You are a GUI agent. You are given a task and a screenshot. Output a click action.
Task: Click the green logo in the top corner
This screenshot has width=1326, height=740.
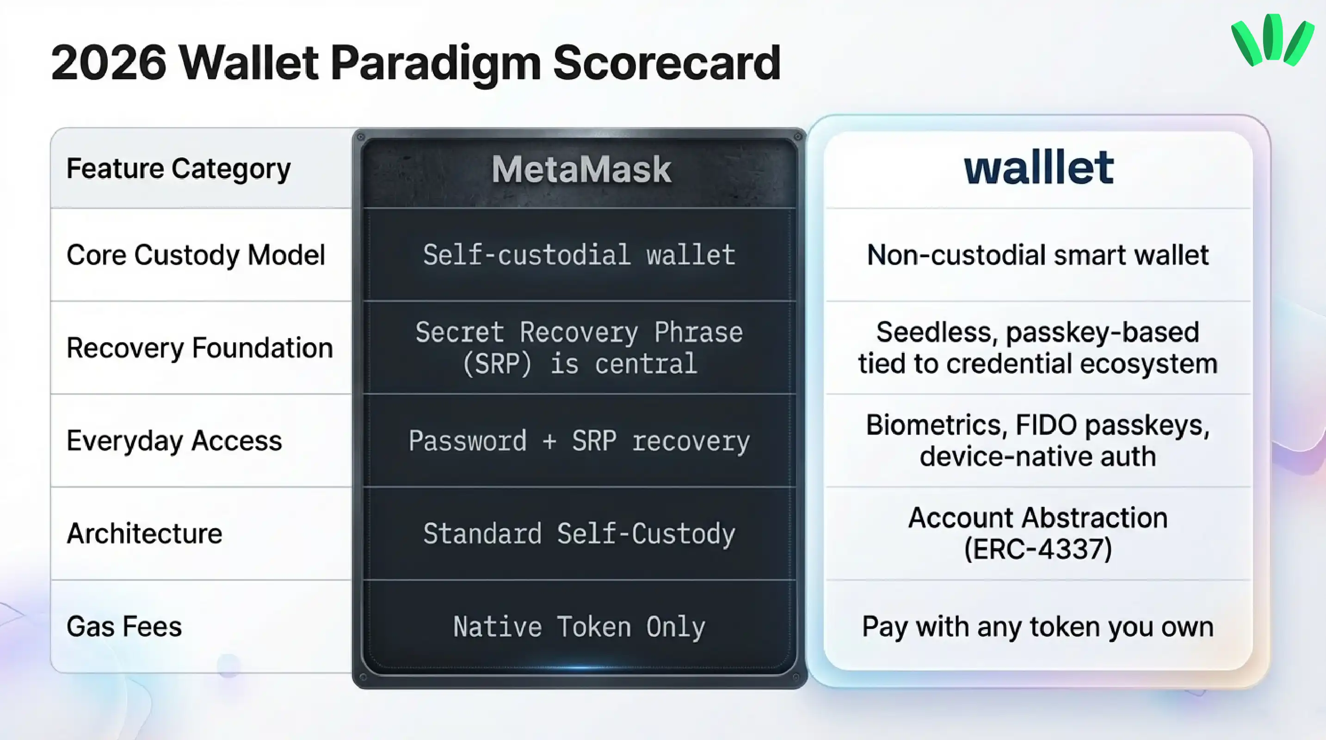point(1272,40)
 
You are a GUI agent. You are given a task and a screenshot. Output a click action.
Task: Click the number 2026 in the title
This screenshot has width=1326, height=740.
point(109,63)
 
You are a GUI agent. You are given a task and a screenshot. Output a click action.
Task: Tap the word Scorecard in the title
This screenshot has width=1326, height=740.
point(666,63)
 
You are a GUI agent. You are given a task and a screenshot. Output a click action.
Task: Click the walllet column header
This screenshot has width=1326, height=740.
point(1038,168)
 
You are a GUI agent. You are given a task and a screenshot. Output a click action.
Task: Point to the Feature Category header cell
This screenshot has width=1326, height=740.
point(179,169)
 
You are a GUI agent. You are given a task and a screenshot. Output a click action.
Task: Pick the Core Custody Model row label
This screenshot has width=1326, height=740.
point(196,255)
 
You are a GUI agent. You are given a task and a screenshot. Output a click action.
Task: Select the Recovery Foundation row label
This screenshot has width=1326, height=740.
point(200,348)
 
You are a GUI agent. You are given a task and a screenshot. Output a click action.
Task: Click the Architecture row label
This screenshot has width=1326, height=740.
point(144,534)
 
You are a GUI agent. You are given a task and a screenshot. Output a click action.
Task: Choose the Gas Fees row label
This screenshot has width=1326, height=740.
point(124,627)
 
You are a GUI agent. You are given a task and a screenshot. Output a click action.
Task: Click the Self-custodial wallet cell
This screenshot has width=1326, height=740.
point(579,255)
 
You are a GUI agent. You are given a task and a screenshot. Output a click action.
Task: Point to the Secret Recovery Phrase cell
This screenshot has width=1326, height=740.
point(579,348)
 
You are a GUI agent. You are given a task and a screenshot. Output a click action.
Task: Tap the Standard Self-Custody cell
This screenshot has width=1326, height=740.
point(579,534)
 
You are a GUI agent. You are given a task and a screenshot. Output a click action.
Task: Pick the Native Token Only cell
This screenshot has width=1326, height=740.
point(579,627)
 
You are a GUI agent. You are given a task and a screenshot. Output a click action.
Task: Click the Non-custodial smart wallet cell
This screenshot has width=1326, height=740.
point(1038,255)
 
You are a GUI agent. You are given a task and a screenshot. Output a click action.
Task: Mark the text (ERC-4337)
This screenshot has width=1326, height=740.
point(1038,549)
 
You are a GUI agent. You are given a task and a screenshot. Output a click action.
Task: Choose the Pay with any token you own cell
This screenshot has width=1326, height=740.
point(1038,627)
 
